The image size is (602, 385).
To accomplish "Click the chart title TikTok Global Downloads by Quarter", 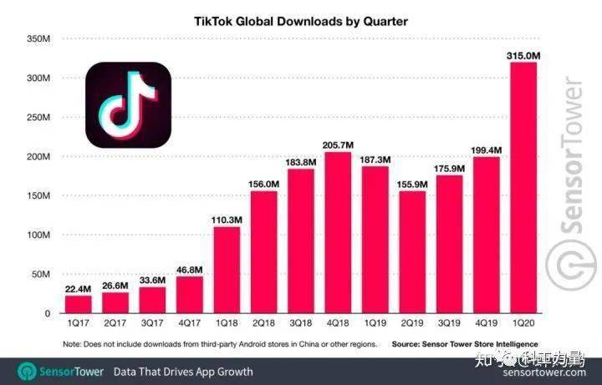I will click(301, 22).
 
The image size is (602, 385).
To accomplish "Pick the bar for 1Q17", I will click(78, 304).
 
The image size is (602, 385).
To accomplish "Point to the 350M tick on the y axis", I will click(38, 39).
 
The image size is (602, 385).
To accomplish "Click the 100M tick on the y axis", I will click(38, 236).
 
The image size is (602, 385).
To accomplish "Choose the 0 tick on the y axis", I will click(47, 314).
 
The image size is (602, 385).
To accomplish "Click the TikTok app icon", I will click(128, 104).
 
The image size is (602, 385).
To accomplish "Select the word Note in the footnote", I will click(74, 344).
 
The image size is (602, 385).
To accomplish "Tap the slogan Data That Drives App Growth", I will click(182, 371).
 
